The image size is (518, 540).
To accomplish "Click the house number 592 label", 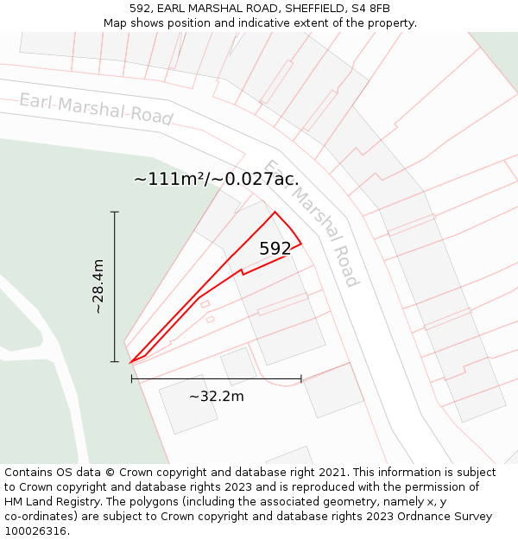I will click(275, 249).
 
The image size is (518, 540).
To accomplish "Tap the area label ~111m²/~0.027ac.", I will click(217, 180).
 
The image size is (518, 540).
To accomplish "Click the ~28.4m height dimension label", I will click(98, 286).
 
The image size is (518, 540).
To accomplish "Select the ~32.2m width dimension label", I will click(216, 397).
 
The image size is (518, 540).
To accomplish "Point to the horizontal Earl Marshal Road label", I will click(96, 109).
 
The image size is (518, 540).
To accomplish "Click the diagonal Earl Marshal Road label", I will click(312, 223).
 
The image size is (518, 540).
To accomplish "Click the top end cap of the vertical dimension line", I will click(114, 212).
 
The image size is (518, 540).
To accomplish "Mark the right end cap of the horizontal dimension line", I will click(301, 378).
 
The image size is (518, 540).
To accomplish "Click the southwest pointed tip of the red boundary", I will click(130, 363).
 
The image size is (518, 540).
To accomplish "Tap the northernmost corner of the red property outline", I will click(275, 212).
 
